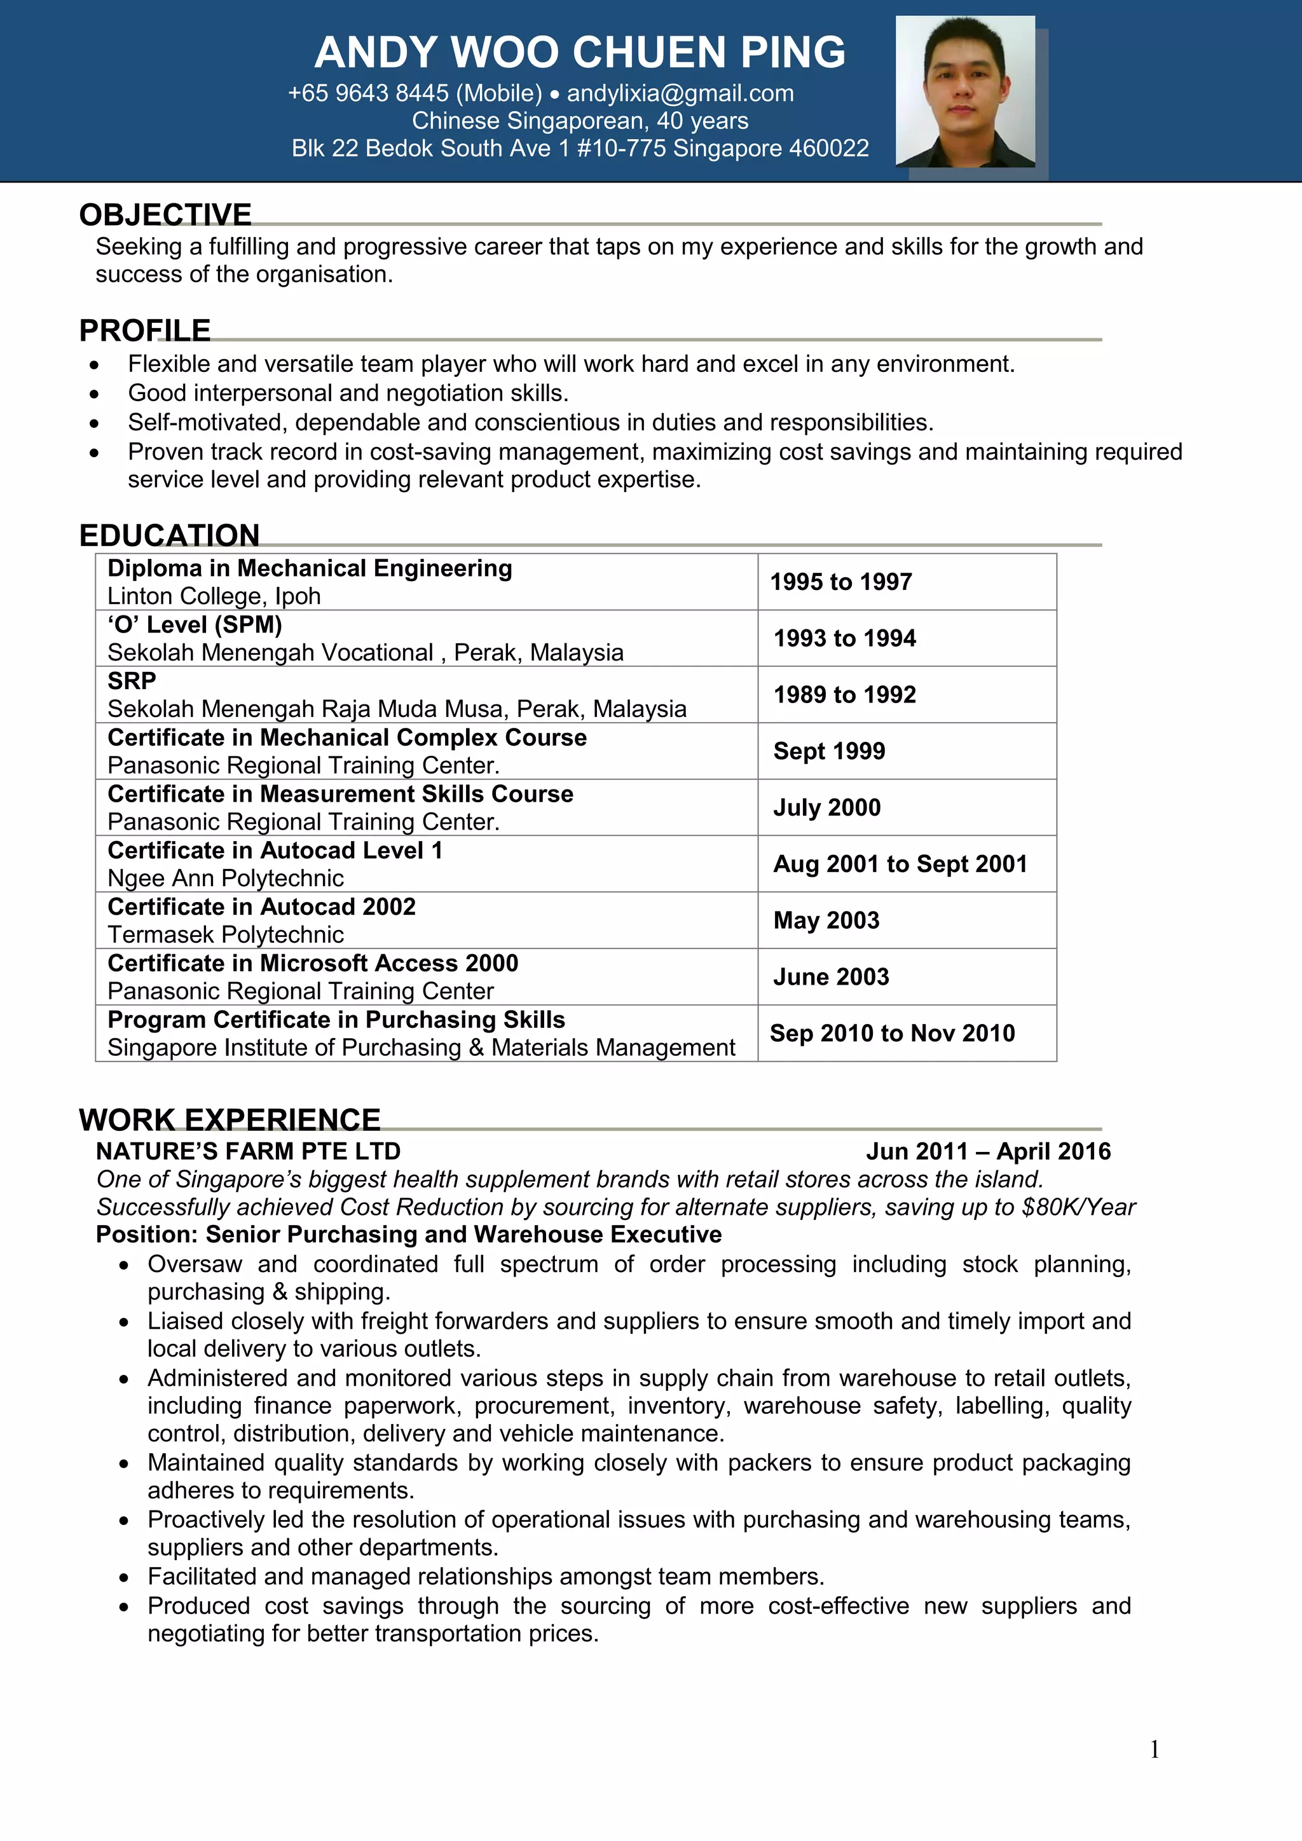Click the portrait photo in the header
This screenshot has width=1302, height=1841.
tap(964, 92)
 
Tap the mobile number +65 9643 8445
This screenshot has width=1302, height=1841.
tap(368, 94)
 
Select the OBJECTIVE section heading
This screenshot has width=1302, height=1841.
tap(165, 214)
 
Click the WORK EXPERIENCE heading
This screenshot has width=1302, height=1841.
tap(230, 1119)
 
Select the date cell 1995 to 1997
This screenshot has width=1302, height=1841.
tap(841, 582)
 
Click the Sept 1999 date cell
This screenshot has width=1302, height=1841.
tap(829, 751)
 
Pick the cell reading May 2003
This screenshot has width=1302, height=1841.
tap(826, 920)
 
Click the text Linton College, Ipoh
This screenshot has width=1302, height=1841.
tap(214, 596)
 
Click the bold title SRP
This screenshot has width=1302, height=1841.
tap(132, 681)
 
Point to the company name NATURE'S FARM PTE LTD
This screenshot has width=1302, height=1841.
tap(248, 1151)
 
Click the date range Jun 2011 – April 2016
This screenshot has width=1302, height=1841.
tap(988, 1151)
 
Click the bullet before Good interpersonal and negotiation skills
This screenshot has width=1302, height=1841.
tap(95, 394)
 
